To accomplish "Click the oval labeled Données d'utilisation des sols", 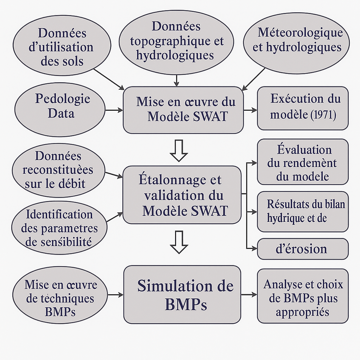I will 62,47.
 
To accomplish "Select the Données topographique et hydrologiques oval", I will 176,40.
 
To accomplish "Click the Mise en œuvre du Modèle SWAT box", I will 183,110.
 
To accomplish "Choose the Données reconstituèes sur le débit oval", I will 58,170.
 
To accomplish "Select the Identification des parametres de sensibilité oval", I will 59,228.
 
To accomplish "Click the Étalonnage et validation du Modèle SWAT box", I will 182,195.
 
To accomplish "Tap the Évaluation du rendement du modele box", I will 303,162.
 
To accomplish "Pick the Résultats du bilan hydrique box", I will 303,211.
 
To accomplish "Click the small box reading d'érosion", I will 303,249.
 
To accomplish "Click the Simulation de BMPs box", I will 182,295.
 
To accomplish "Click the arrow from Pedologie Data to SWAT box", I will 114,110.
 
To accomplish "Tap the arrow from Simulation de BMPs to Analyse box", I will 249,295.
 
